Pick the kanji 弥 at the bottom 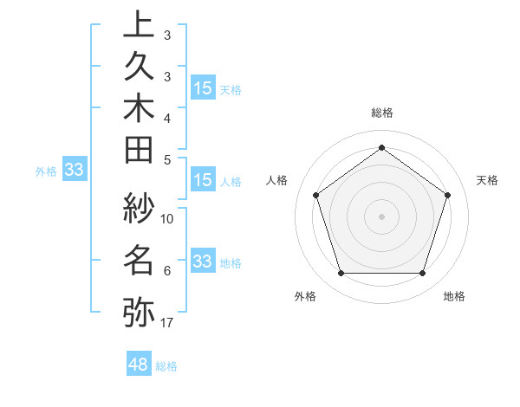click(x=139, y=312)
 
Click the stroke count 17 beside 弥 click(x=167, y=324)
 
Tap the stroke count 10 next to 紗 click(x=167, y=219)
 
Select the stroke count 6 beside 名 click(x=167, y=271)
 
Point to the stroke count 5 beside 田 click(x=167, y=159)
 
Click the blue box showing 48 click(x=139, y=364)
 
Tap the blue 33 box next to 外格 click(x=74, y=171)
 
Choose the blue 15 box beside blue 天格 click(x=203, y=87)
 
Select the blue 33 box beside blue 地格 click(x=203, y=262)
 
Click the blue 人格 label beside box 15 click(x=231, y=182)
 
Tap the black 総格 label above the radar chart click(x=381, y=113)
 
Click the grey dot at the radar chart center click(x=381, y=216)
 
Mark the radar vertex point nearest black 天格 click(x=448, y=195)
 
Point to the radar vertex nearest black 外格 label click(x=341, y=274)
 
